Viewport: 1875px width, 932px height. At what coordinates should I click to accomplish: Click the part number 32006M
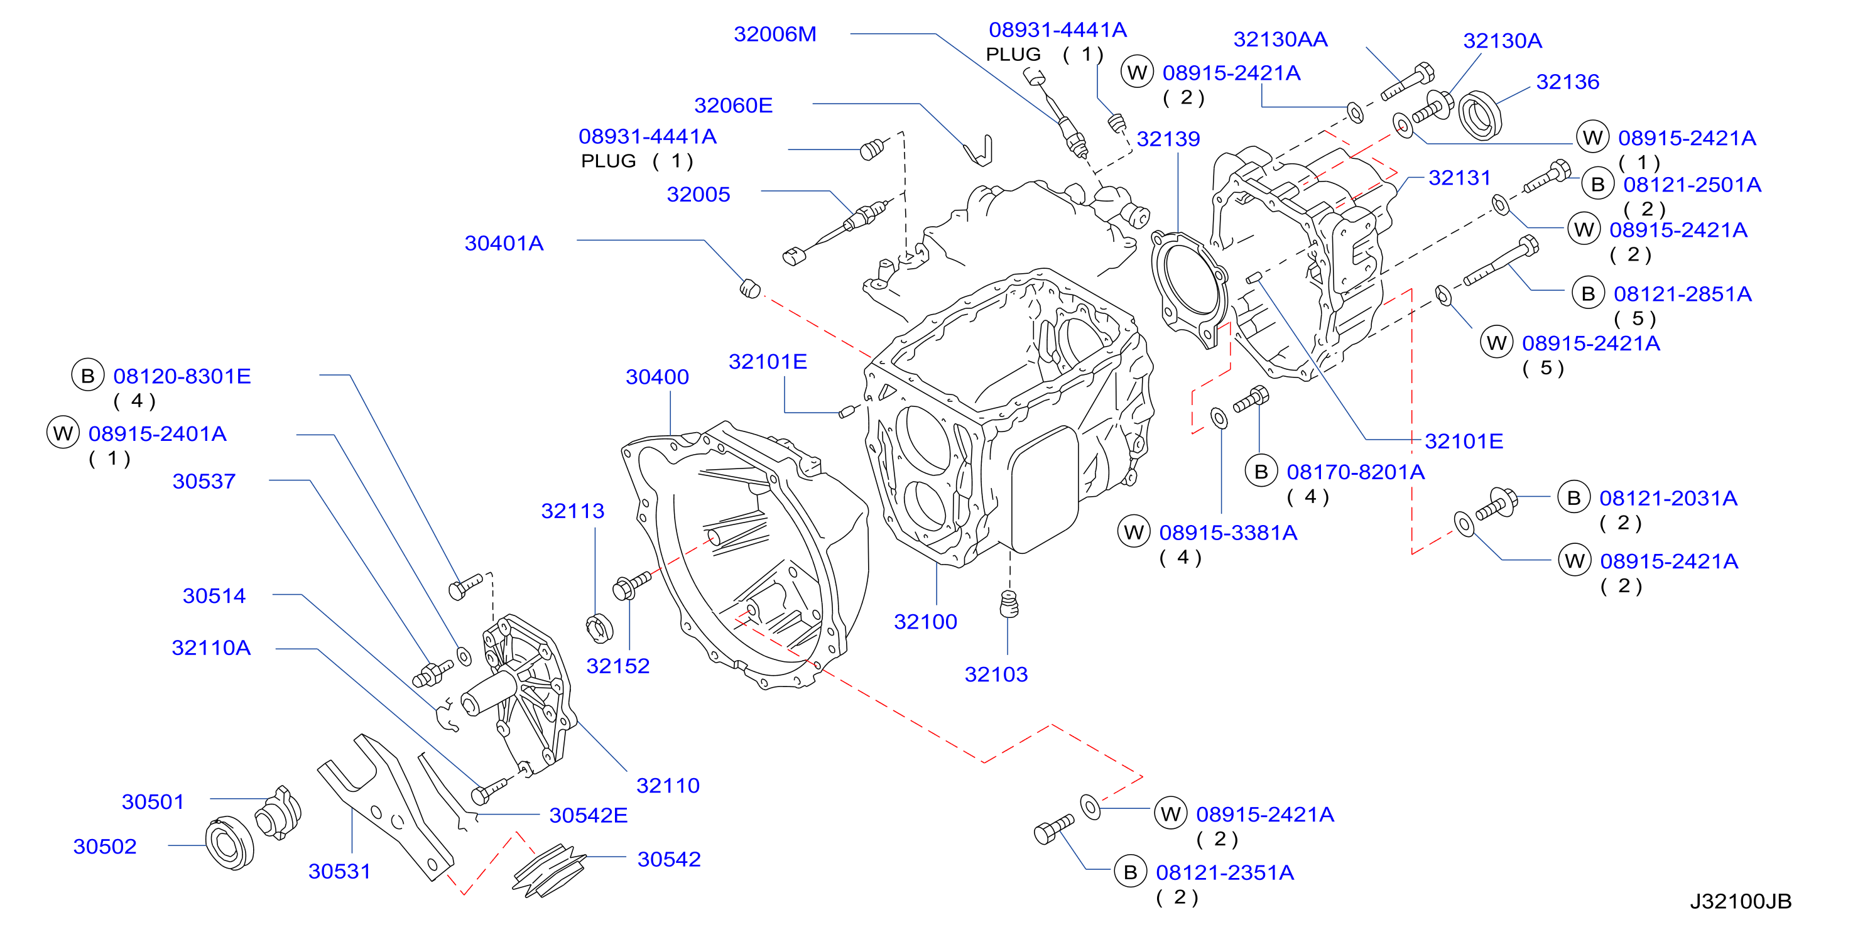[774, 34]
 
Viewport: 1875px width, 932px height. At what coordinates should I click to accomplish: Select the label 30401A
[504, 243]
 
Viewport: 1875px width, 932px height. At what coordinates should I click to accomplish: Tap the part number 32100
[925, 621]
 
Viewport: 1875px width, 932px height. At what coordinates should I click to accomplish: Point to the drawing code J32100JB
[1741, 901]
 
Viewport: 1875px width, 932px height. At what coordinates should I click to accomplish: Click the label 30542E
[588, 815]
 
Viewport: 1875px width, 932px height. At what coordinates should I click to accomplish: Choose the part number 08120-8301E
[182, 376]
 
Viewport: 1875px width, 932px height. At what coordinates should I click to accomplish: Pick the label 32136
[1567, 82]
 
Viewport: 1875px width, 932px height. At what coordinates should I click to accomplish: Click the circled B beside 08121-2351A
[1129, 872]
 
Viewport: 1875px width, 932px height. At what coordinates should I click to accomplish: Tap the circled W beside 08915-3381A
[1133, 533]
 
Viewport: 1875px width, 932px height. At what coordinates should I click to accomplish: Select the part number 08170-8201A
[1356, 472]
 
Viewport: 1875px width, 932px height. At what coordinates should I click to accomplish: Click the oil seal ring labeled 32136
[1480, 115]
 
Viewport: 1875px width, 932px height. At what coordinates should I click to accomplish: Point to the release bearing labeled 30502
[229, 843]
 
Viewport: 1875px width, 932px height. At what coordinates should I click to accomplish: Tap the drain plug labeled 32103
[1009, 604]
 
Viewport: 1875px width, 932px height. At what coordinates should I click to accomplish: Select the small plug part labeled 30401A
[750, 288]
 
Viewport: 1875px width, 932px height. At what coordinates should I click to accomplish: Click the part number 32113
[572, 511]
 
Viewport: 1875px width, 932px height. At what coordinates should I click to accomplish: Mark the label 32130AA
[1280, 40]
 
